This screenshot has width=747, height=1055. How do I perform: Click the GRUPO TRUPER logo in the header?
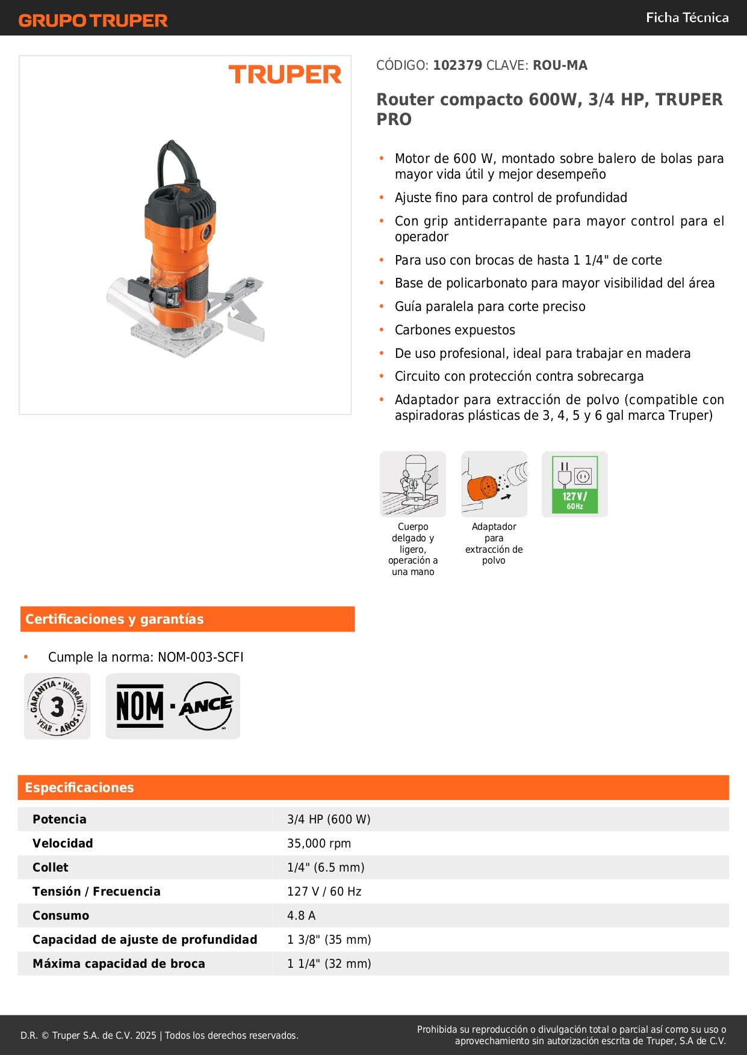[93, 20]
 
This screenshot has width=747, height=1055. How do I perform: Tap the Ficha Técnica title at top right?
[687, 18]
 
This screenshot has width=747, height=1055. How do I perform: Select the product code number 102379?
[457, 66]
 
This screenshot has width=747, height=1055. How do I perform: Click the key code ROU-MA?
[560, 66]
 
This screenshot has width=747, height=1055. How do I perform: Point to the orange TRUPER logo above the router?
[285, 75]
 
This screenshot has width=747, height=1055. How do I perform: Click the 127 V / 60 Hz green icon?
[575, 484]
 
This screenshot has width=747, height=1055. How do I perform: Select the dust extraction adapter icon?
[494, 484]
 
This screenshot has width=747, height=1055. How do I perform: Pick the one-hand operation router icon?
[413, 484]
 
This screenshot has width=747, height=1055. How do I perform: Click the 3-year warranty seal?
[57, 706]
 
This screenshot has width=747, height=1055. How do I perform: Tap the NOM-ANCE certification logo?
[173, 706]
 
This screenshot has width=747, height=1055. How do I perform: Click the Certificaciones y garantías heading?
[114, 620]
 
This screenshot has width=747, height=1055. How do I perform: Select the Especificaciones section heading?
[79, 788]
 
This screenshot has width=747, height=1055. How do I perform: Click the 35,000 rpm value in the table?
[319, 843]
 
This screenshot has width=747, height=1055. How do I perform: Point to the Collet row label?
[51, 867]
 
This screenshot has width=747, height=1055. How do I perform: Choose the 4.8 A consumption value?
[301, 915]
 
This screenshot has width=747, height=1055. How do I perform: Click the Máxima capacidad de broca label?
[119, 964]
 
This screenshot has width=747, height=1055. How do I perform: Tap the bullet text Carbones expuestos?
[455, 330]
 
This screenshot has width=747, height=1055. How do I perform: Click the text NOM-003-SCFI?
[200, 657]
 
